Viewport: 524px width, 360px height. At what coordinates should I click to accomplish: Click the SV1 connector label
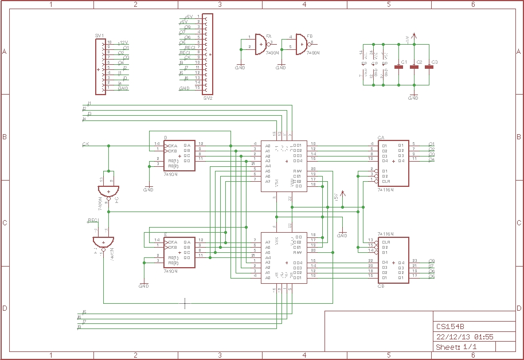click(99, 36)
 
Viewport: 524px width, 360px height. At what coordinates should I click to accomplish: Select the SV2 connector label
click(208, 98)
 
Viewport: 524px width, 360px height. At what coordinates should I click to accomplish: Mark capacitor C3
click(429, 67)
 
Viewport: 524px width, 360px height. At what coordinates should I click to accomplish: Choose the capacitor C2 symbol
click(414, 67)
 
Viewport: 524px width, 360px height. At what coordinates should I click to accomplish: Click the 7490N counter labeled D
click(179, 155)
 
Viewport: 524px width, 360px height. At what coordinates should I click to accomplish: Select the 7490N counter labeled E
click(179, 252)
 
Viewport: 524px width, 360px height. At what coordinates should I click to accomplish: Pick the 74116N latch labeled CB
click(393, 260)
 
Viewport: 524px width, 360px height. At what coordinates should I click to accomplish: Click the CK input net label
click(85, 144)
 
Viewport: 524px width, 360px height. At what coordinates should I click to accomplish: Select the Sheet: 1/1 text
click(456, 347)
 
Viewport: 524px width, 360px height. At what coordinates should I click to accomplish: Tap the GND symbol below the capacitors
click(413, 95)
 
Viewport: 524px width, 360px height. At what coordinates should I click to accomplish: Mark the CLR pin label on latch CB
click(386, 242)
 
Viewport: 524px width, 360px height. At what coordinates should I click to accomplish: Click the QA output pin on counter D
click(187, 145)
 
